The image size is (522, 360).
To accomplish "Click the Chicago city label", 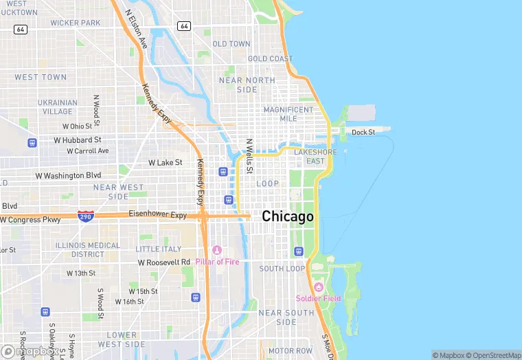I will point(288,216).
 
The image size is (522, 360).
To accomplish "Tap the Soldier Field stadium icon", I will point(318,286).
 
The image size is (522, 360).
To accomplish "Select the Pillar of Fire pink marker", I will point(217,250).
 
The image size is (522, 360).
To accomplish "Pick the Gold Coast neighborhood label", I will point(270,59).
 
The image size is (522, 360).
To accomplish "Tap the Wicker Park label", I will point(75,23).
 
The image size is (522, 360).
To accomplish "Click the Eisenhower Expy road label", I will point(157,215).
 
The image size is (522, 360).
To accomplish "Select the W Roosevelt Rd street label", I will point(163,262).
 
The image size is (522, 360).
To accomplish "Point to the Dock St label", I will point(363,132).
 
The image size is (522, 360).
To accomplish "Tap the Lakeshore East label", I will point(315,157).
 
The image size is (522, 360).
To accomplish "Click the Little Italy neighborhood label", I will point(159,249).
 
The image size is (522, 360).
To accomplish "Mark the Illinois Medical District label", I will point(88,249).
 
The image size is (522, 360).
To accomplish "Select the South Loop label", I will point(282,269).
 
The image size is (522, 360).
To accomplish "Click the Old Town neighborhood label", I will point(231,44).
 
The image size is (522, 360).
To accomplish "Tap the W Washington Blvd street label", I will point(69,176).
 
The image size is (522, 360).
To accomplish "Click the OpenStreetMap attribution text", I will point(492,355).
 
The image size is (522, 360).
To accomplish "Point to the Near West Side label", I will point(119,192).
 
